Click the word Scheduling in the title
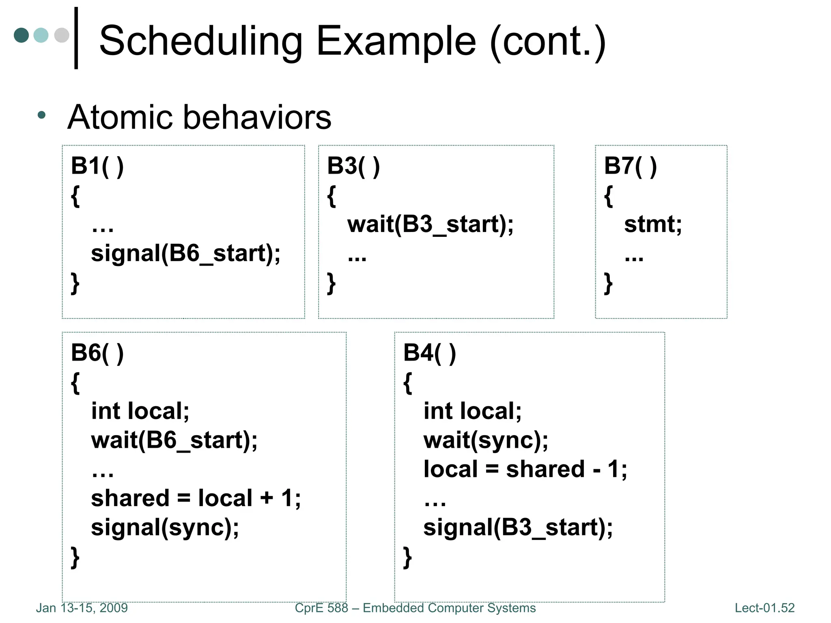201,41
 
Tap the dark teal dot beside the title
21,35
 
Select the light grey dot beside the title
62,35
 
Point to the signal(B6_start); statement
185,253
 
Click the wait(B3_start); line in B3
430,224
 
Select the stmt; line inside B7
652,224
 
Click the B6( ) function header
97,352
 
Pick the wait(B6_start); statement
174,440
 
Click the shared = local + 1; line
196,498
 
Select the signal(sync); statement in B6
165,527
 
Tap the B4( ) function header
430,352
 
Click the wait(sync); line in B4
486,440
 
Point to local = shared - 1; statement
525,469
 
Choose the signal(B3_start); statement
518,527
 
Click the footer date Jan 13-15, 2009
82,608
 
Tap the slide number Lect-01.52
764,608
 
